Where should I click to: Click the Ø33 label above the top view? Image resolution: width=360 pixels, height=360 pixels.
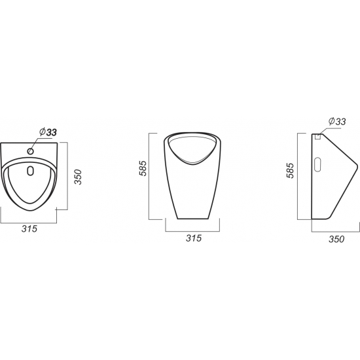(x=48, y=132)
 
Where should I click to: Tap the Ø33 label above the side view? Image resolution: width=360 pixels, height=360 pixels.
(x=337, y=121)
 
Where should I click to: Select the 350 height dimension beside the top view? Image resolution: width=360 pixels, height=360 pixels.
(x=79, y=177)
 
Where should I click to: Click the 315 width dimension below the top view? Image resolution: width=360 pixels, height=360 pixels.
(x=29, y=228)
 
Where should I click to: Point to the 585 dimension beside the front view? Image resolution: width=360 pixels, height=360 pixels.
(x=143, y=168)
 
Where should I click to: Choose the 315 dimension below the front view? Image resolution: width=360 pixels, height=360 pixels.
(x=194, y=238)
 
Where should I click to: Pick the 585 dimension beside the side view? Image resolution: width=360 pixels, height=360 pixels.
(x=290, y=171)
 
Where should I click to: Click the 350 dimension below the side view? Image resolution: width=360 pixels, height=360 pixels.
(x=336, y=239)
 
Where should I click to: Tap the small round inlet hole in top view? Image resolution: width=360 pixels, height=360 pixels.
(x=30, y=151)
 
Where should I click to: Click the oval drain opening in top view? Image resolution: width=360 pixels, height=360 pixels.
(x=30, y=171)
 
